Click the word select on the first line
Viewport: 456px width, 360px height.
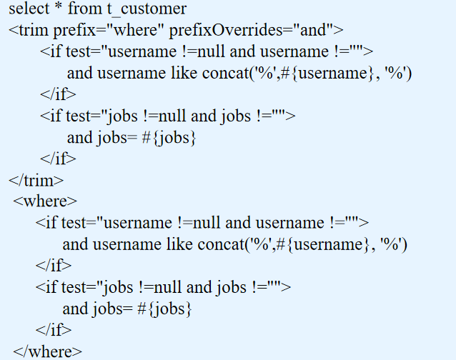coord(29,10)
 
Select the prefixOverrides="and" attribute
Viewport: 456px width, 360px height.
coord(252,31)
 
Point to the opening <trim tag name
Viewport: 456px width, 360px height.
coord(28,31)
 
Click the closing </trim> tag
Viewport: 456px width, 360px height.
coord(36,180)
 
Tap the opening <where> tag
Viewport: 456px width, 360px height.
coord(45,201)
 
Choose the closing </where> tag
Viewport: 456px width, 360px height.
coord(47,351)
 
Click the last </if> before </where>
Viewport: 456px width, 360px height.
coord(54,330)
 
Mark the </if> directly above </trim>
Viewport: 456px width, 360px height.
coord(58,159)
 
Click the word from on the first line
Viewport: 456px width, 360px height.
coord(84,10)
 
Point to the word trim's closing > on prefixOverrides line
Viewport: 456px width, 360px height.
coord(338,31)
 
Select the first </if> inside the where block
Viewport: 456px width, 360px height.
coord(54,266)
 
